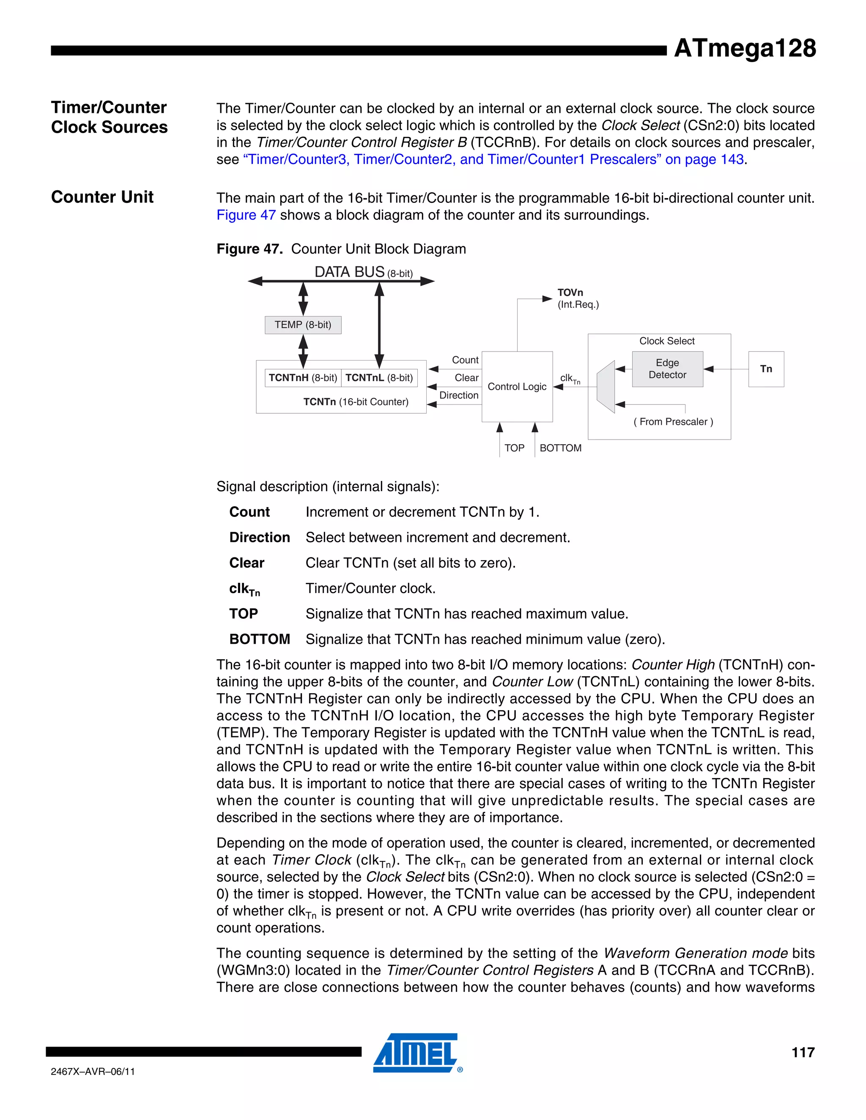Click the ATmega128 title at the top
744,48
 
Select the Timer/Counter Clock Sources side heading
109,117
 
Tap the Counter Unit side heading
102,197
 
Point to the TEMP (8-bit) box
303,325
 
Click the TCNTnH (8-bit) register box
303,378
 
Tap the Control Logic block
517,387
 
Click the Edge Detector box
667,369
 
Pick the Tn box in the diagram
765,369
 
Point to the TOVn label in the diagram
570,293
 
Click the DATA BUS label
349,272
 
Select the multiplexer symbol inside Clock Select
606,387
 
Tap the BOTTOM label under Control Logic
560,448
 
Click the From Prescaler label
673,421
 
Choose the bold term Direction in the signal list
260,538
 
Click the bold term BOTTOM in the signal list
260,639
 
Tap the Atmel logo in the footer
416,1053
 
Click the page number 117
803,1053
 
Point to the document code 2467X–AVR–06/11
93,1072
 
